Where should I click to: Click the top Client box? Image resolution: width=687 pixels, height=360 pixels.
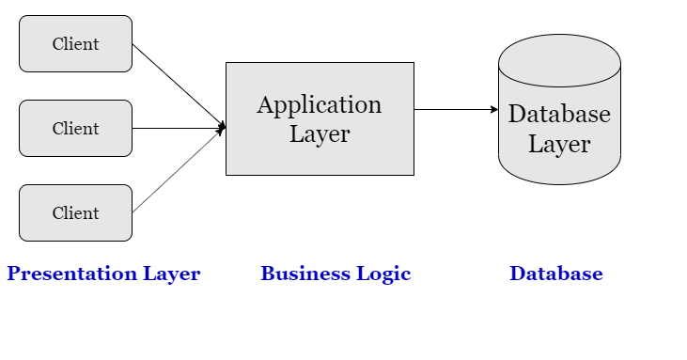pyautogui.click(x=75, y=43)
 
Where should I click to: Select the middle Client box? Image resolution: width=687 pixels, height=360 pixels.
pyautogui.click(x=75, y=128)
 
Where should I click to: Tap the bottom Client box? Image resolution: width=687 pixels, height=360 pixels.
pyautogui.click(x=75, y=212)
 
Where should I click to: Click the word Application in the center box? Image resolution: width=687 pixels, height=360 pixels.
pyautogui.click(x=320, y=104)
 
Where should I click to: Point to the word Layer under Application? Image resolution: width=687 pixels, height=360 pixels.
pyautogui.click(x=320, y=133)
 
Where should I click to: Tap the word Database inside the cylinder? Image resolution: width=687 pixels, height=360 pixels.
pyautogui.click(x=559, y=114)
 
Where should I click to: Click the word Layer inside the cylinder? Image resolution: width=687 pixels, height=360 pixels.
pyautogui.click(x=559, y=144)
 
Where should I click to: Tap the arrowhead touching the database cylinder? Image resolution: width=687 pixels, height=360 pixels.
pyautogui.click(x=493, y=109)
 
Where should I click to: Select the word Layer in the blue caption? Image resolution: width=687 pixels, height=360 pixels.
pyautogui.click(x=172, y=274)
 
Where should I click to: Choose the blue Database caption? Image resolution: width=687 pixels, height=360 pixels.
pyautogui.click(x=555, y=274)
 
